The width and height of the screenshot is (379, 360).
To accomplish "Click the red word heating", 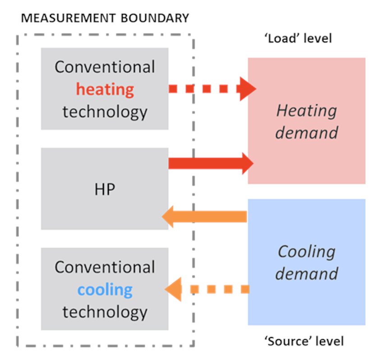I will tap(105, 89).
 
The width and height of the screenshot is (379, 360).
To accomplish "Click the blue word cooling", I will tap(105, 290).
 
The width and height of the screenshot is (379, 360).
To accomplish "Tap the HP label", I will tap(105, 189).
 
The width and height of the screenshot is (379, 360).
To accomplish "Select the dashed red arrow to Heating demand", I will tap(212, 89).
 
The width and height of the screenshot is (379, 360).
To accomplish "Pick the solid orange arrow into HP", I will tap(205, 216).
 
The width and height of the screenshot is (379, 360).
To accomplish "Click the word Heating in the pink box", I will tap(306, 111).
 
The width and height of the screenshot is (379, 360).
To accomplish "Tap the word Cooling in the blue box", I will tap(306, 252).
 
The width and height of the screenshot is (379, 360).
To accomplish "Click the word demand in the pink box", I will tap(306, 132).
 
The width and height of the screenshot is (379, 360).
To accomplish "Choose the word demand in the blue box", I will tap(306, 274).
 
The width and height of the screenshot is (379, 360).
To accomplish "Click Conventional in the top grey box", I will tap(105, 67).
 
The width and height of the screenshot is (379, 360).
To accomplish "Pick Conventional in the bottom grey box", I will tap(105, 267).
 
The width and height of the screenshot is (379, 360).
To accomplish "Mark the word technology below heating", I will tap(105, 112).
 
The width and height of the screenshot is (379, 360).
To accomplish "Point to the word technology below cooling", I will tap(105, 312).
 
